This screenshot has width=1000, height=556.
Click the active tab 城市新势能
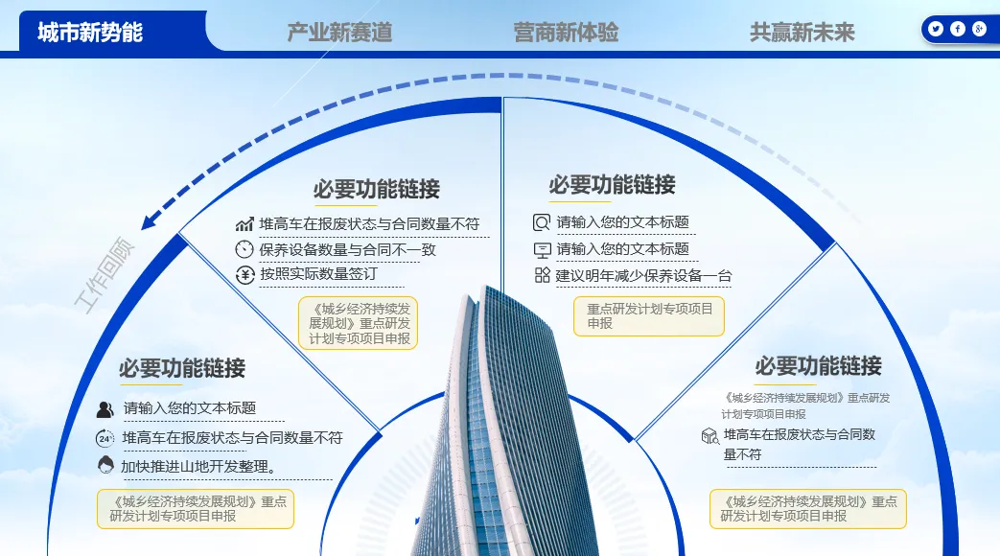[91, 32]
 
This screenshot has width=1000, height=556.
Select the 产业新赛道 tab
[339, 33]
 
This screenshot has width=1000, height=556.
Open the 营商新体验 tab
[566, 33]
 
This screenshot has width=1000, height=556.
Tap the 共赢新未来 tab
[802, 33]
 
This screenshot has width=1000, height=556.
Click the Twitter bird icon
[936, 29]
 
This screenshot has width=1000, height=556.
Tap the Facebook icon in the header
[958, 29]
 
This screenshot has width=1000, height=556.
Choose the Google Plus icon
[979, 29]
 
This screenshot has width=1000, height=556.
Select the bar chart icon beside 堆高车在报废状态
[244, 224]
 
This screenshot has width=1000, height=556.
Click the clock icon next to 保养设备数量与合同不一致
[244, 249]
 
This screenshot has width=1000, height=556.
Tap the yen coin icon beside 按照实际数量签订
[244, 275]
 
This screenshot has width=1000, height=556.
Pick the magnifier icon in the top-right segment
[542, 222]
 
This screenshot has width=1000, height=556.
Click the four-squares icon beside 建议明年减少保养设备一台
[542, 276]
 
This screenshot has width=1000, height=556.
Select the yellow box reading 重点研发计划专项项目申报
[649, 316]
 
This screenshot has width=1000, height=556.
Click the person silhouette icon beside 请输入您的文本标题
[105, 409]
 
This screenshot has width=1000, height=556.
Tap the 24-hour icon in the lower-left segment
[105, 438]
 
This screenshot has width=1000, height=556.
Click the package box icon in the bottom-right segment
[709, 436]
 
